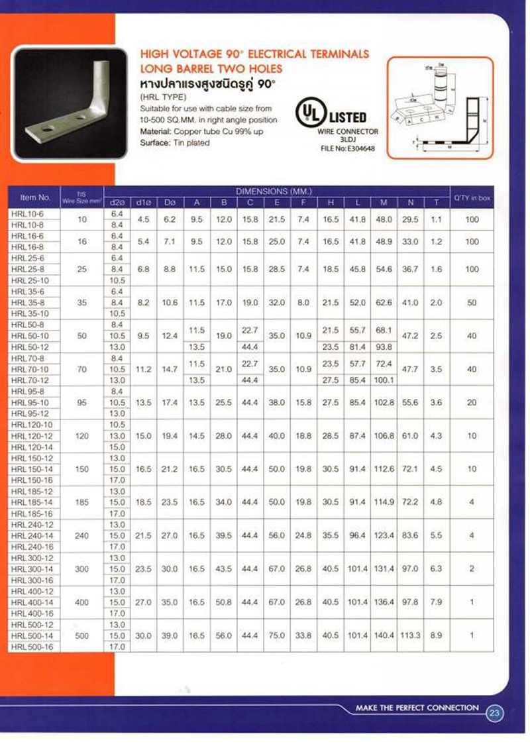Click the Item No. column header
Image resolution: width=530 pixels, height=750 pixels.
[x=36, y=197]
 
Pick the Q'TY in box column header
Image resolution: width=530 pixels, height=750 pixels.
[x=472, y=197]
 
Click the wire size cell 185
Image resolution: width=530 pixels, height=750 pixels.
[x=82, y=503]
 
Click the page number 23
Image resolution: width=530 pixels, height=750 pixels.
[x=495, y=714]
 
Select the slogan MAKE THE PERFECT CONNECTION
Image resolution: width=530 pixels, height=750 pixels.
[x=417, y=708]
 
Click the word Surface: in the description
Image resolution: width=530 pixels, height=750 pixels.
[x=155, y=142]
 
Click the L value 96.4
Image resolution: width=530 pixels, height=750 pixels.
[x=358, y=536]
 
